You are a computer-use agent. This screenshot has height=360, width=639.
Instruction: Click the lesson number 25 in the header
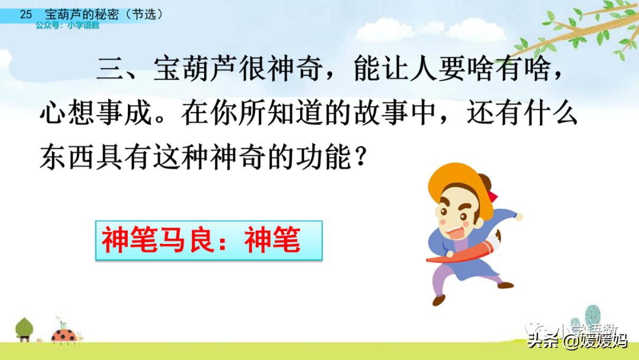click(25, 14)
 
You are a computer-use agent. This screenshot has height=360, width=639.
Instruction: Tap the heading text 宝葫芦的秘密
click(82, 14)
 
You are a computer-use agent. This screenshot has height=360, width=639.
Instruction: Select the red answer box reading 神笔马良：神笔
click(209, 240)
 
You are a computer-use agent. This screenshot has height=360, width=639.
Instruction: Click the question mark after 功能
click(360, 157)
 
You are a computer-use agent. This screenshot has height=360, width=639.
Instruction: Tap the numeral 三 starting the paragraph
click(109, 69)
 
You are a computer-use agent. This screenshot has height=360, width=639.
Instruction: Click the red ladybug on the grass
click(64, 336)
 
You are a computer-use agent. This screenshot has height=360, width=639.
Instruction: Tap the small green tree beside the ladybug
click(24, 329)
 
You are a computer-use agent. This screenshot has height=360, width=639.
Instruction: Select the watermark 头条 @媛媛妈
click(577, 340)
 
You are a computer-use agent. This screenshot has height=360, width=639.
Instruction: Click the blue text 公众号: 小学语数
click(67, 25)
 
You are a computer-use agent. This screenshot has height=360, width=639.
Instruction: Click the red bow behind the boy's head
click(492, 196)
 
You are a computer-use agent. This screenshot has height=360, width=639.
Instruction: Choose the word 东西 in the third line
click(67, 157)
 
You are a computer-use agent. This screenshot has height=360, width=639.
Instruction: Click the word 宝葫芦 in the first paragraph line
click(195, 69)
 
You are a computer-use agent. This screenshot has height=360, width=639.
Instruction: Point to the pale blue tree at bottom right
click(592, 316)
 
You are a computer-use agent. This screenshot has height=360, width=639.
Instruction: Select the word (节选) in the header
click(144, 14)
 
